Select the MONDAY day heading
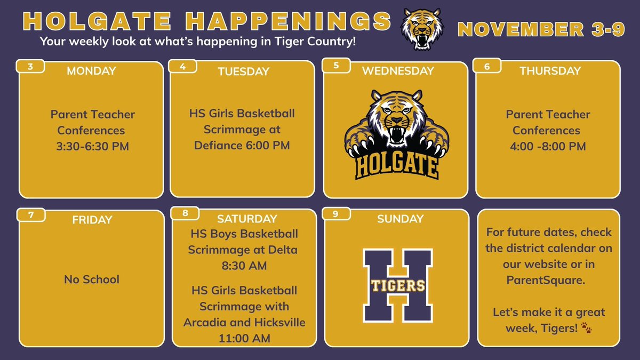(91, 71)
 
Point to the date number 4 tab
(182, 66)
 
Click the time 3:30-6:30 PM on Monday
(93, 146)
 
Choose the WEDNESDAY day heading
(398, 70)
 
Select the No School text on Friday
(92, 279)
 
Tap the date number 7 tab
(31, 214)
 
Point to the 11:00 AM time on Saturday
(244, 338)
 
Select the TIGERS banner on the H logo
(396, 285)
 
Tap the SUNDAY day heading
(400, 219)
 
